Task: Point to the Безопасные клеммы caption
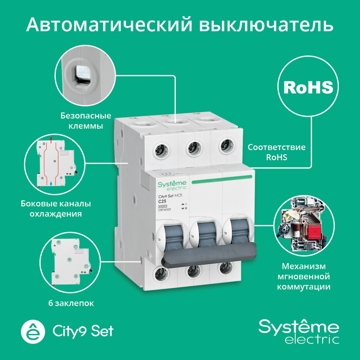coord(85,121)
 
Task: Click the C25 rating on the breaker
coord(163,201)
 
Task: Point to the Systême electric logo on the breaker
coord(172,186)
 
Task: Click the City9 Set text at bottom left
coord(83,331)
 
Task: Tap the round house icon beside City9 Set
coord(34,331)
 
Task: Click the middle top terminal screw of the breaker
coord(192,148)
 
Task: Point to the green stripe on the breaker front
coord(221,178)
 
